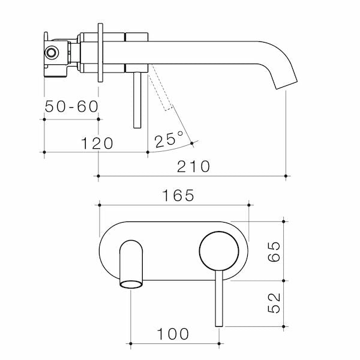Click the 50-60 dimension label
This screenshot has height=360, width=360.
71,107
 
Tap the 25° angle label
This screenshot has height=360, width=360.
169,140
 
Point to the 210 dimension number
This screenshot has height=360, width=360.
193,166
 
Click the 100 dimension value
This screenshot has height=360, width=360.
174,334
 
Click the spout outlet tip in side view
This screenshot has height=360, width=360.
286,83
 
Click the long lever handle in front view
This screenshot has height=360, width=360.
219,300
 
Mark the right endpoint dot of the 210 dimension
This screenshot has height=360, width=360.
286,176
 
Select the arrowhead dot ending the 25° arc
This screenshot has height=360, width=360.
191,143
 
